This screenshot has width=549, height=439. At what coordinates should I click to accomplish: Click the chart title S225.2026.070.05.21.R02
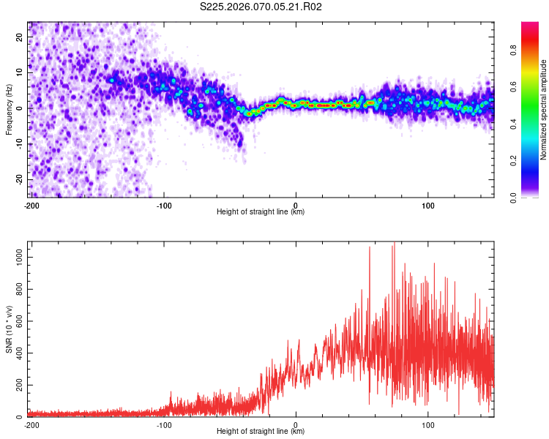tap(261, 7)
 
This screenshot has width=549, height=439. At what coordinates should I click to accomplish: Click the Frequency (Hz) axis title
tap(9, 109)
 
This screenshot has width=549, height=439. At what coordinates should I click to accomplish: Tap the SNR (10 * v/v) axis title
tap(9, 329)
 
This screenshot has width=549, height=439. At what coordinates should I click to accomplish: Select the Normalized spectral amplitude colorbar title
tap(544, 110)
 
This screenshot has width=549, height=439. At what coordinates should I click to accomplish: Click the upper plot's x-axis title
tap(261, 211)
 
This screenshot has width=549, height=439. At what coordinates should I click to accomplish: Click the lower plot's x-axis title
tap(261, 431)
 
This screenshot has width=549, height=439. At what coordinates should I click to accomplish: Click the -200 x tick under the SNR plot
tap(31, 424)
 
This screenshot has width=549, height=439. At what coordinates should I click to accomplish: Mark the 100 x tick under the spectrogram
tap(428, 205)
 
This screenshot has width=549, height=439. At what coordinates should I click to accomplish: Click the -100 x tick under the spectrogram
tap(163, 205)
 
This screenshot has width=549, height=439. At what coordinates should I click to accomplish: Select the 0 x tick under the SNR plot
tap(296, 424)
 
